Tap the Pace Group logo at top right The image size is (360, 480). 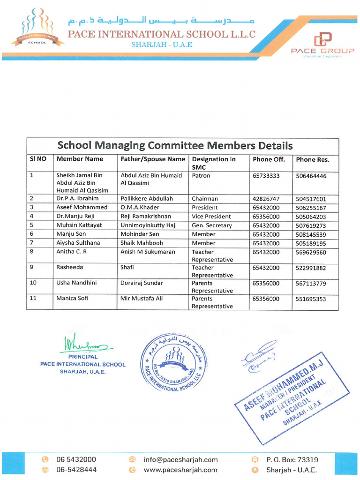pos(322,45)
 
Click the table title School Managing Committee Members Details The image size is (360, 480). pos(174,145)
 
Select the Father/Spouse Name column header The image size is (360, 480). pos(153,159)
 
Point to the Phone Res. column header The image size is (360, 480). pos(313,160)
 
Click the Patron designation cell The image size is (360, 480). pos(201,176)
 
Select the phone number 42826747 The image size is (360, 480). pos(266,199)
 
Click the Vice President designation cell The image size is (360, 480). pos(211,217)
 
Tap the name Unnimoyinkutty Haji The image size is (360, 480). pos(149,225)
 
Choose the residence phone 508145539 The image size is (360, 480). pos(311,234)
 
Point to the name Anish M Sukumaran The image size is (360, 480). pos(148,252)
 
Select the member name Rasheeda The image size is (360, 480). pos(70,268)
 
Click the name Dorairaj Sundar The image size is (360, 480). pos(142,283)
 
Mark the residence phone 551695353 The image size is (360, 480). pos(311,299)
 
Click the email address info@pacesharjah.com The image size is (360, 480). pos(180,460)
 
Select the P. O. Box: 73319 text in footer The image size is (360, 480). pos(292,460)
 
